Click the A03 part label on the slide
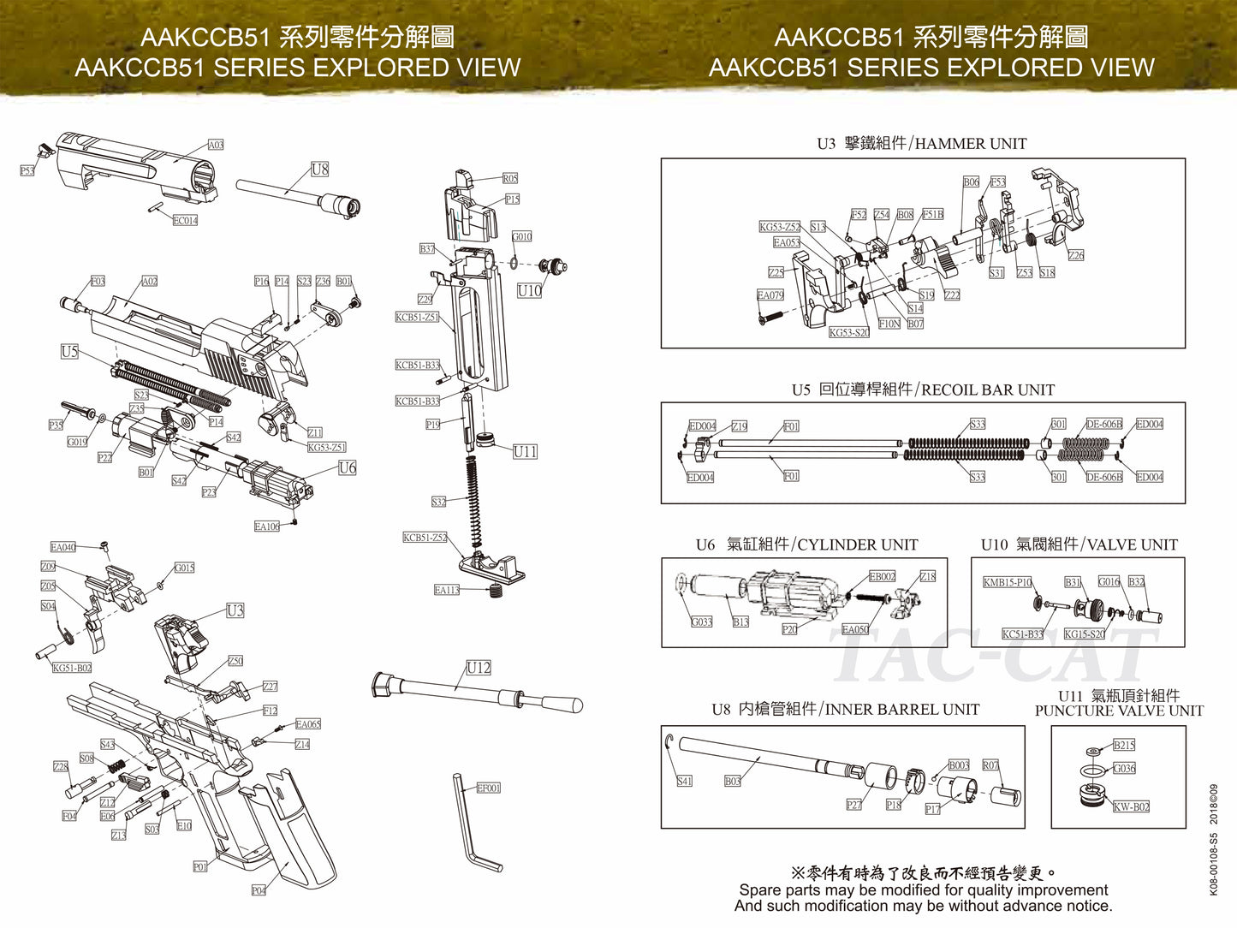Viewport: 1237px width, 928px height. click(216, 145)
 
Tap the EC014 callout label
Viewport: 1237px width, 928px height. click(185, 220)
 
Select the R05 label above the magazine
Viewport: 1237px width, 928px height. click(509, 178)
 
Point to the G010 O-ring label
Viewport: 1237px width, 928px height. click(521, 236)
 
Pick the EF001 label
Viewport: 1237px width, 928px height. click(488, 788)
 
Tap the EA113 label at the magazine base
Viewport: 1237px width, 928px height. click(446, 590)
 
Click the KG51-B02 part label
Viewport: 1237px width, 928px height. click(72, 668)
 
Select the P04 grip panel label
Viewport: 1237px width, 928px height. click(259, 890)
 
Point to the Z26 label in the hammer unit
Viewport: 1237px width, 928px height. click(1075, 255)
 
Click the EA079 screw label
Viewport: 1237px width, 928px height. click(770, 294)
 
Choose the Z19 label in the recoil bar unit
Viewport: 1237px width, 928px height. click(739, 425)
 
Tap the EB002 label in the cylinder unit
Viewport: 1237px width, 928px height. click(882, 576)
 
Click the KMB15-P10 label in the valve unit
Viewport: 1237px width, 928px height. click(1007, 582)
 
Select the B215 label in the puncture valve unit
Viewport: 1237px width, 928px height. click(1124, 745)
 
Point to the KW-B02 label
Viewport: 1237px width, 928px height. click(1131, 806)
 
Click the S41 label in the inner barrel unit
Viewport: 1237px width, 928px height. click(684, 781)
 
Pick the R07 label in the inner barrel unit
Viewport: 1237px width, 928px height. click(990, 764)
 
